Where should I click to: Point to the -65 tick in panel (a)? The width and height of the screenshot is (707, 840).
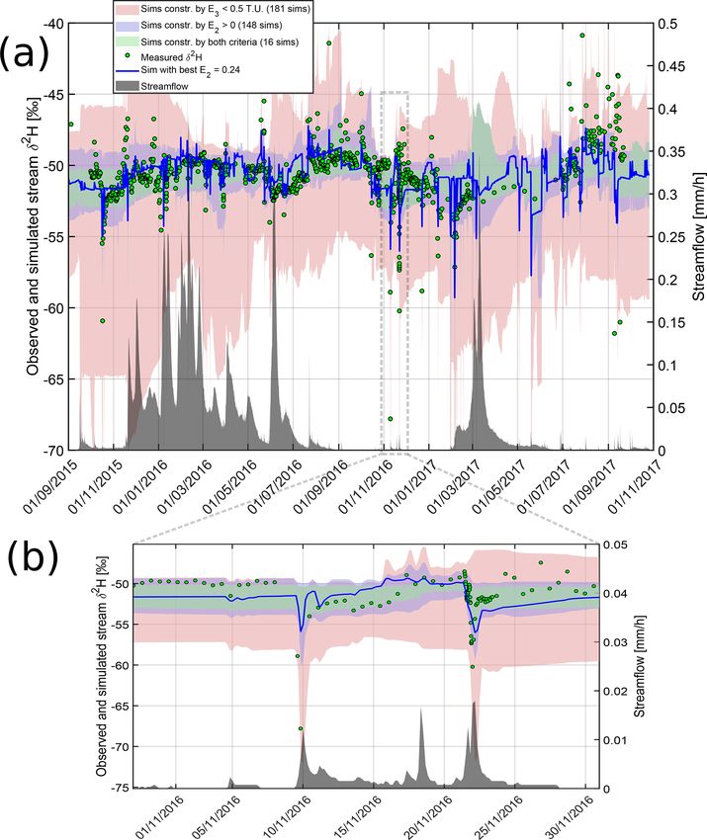pos(60,378)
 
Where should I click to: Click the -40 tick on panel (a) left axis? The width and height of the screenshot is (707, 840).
pos(60,23)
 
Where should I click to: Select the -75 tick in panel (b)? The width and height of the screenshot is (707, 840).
pos(117,788)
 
